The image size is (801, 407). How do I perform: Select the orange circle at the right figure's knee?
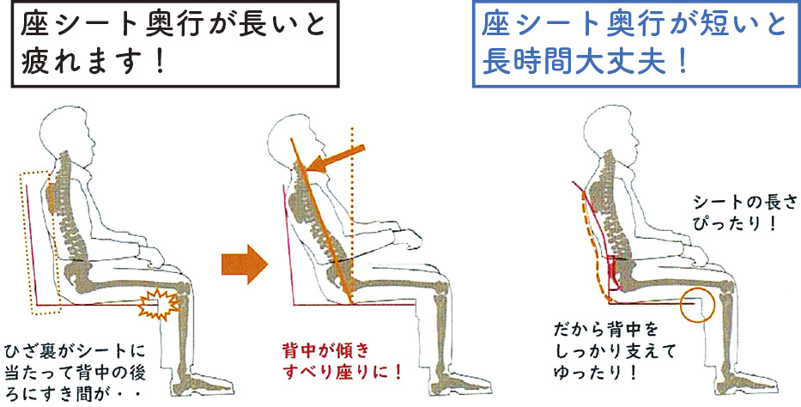pyautogui.click(x=697, y=303)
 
